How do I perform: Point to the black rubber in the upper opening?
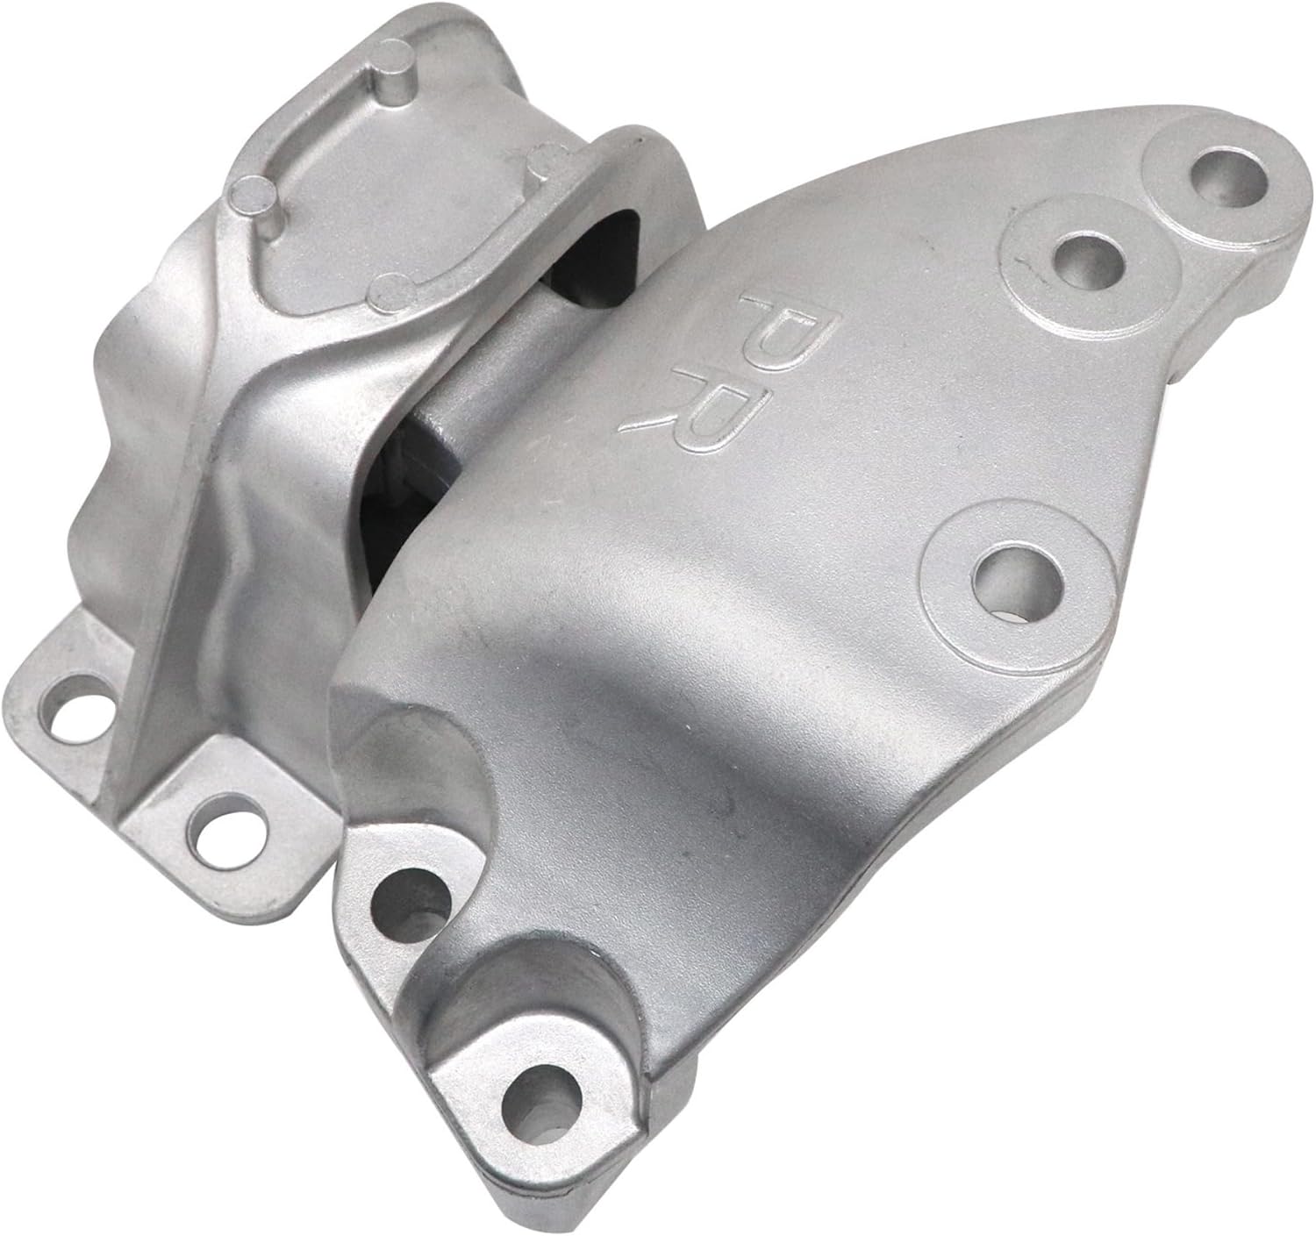(605, 246)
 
